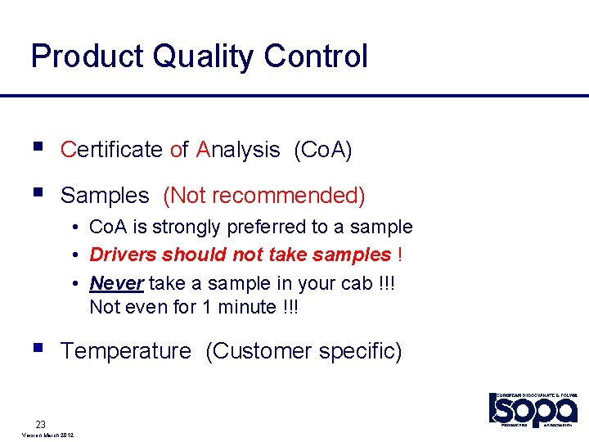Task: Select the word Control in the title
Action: click(316, 57)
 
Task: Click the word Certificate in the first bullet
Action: click(111, 150)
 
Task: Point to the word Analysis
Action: click(238, 150)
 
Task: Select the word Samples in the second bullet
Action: click(105, 196)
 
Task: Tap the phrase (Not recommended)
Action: click(264, 196)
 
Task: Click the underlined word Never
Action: click(116, 283)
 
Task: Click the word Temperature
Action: click(125, 351)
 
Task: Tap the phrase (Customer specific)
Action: click(303, 351)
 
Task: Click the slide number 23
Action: click(40, 424)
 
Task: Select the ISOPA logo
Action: click(534, 409)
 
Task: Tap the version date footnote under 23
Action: click(44, 435)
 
